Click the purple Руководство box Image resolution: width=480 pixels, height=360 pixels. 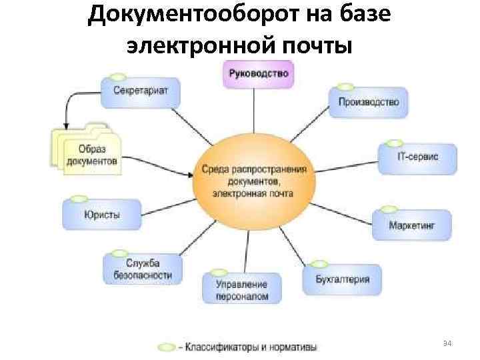click(x=259, y=74)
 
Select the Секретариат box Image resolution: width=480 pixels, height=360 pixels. click(x=140, y=91)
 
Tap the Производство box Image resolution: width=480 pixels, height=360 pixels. click(x=369, y=102)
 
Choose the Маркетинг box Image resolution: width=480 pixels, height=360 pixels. click(x=411, y=225)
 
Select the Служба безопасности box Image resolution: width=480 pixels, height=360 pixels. click(x=141, y=269)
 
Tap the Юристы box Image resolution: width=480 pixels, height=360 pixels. click(x=101, y=214)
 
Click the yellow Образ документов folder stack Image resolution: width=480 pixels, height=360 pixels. click(x=87, y=152)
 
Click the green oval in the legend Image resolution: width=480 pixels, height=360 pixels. click(x=165, y=347)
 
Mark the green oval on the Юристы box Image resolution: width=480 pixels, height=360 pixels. click(x=78, y=198)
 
